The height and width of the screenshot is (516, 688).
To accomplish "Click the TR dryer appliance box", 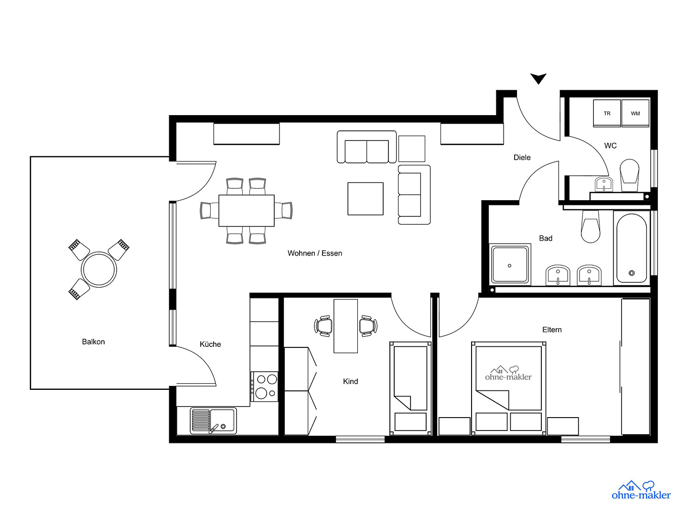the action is click(x=607, y=113).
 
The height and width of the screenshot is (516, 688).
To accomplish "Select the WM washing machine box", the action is click(x=635, y=113).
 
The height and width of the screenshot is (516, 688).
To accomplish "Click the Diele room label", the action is click(x=522, y=158).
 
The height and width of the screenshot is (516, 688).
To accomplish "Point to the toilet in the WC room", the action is click(x=629, y=175).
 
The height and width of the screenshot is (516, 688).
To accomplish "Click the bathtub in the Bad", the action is click(x=632, y=248).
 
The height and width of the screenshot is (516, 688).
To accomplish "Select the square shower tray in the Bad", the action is click(x=510, y=264).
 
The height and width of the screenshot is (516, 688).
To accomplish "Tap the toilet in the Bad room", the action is click(x=591, y=226).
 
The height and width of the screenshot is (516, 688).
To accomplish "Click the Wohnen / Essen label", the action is click(x=315, y=253).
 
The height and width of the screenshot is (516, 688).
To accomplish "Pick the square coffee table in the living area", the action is click(x=365, y=199).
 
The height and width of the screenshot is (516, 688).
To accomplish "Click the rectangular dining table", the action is click(x=247, y=211).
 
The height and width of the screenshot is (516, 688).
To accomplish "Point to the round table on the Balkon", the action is click(x=99, y=269).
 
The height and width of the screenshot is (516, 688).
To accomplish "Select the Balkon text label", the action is click(x=93, y=342).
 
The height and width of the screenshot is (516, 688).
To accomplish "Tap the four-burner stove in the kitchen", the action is click(x=264, y=387).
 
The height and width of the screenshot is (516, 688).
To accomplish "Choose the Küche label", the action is click(x=210, y=344).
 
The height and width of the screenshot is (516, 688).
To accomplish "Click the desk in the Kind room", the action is click(x=345, y=326).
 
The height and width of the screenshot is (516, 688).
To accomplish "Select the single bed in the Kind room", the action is click(x=410, y=388).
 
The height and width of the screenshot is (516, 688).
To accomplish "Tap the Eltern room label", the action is click(x=552, y=330).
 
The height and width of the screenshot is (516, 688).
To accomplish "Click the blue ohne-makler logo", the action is click(x=641, y=490).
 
